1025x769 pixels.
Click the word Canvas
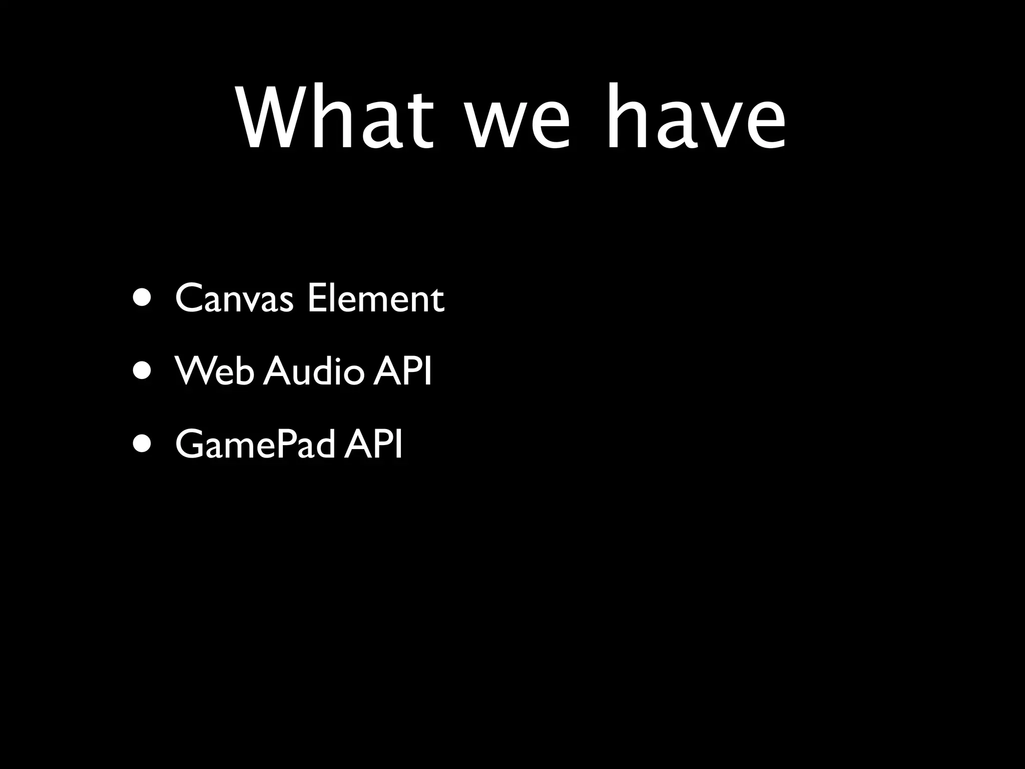pos(234,298)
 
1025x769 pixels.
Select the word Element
pos(375,298)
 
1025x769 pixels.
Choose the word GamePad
pos(255,445)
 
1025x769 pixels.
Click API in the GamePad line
pos(373,444)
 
